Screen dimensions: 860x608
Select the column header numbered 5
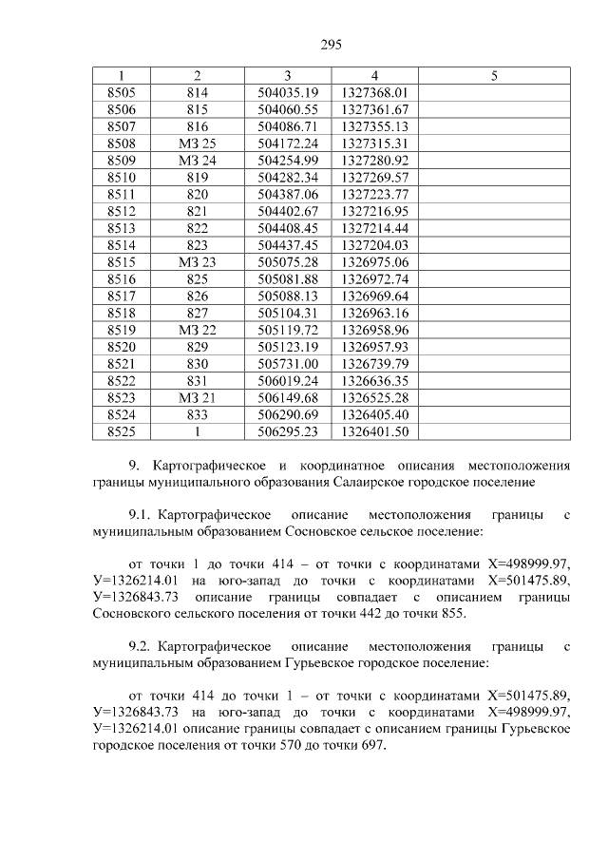[x=494, y=75]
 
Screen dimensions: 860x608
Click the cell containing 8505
[x=122, y=92]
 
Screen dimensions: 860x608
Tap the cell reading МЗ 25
[x=198, y=143]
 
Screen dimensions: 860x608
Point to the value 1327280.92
[x=374, y=160]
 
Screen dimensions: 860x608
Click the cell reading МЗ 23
[x=198, y=261]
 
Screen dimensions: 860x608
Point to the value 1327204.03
[x=374, y=244]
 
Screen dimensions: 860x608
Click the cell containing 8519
[x=122, y=329]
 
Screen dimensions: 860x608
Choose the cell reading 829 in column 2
[x=198, y=346]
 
